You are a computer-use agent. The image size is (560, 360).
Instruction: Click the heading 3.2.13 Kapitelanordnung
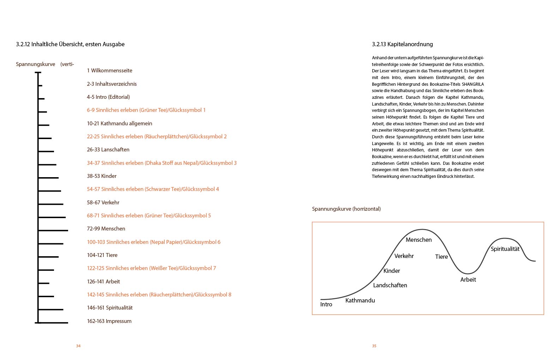(x=402, y=44)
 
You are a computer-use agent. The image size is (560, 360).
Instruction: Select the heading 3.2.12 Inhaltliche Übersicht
(x=70, y=44)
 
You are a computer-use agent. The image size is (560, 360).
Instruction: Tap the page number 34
(x=78, y=346)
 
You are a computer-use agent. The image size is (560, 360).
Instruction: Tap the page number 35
(x=374, y=346)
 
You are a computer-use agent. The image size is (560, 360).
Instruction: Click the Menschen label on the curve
(x=419, y=240)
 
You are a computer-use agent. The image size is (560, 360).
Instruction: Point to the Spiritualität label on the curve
(x=505, y=249)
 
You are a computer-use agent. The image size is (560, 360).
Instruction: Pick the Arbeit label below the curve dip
(x=468, y=280)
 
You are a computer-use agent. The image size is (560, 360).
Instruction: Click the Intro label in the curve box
(x=326, y=305)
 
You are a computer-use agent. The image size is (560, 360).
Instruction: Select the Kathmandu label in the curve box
(x=360, y=301)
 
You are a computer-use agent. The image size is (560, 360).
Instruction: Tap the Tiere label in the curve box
(x=441, y=257)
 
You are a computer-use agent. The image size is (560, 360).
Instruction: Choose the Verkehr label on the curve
(x=404, y=256)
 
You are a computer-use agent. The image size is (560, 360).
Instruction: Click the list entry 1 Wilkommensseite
(x=109, y=71)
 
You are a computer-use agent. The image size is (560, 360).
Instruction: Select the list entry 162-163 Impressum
(x=109, y=321)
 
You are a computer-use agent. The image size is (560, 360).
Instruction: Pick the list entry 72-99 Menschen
(x=106, y=229)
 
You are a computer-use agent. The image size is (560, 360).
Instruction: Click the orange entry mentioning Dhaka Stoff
(x=162, y=163)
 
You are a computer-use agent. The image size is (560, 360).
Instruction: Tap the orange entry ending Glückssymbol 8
(x=159, y=295)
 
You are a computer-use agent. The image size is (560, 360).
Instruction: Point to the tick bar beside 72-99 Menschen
(x=53, y=230)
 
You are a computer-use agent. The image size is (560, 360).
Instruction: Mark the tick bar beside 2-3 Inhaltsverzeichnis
(x=40, y=86)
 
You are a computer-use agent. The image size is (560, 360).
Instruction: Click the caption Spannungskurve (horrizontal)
(x=346, y=209)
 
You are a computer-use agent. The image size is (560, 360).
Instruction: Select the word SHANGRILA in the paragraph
(x=473, y=84)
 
